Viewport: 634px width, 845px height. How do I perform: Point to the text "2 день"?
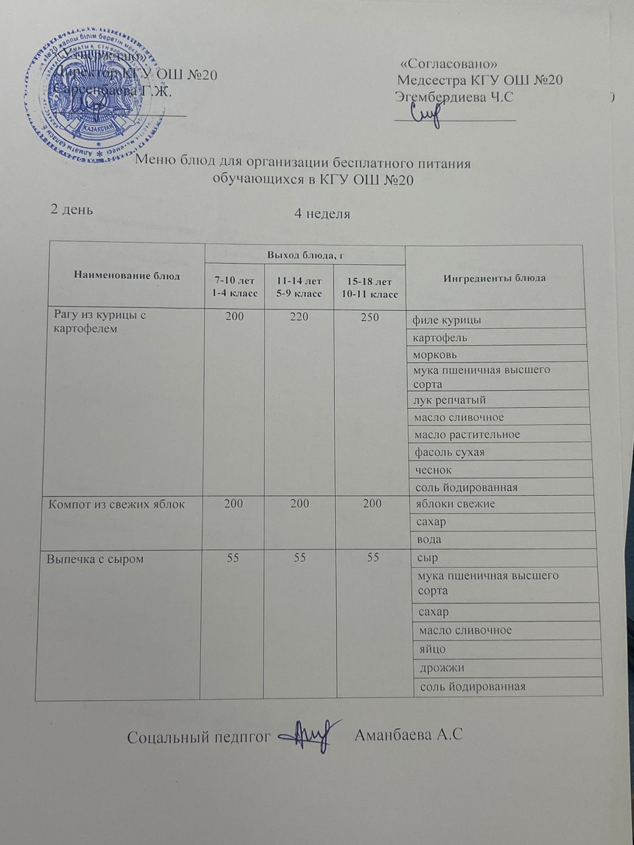(71, 209)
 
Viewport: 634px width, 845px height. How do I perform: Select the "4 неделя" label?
(322, 214)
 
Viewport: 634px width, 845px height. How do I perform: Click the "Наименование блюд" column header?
(127, 276)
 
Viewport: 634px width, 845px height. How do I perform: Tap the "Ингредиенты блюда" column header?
(495, 278)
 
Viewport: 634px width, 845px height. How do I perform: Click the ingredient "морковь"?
(434, 354)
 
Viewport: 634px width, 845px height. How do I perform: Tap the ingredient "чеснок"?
(433, 470)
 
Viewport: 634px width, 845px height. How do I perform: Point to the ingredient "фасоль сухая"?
(450, 452)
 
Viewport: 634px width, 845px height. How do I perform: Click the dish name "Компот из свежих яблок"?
(116, 504)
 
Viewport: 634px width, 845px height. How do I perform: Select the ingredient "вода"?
(430, 540)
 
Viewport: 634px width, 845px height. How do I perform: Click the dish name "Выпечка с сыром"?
(95, 558)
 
